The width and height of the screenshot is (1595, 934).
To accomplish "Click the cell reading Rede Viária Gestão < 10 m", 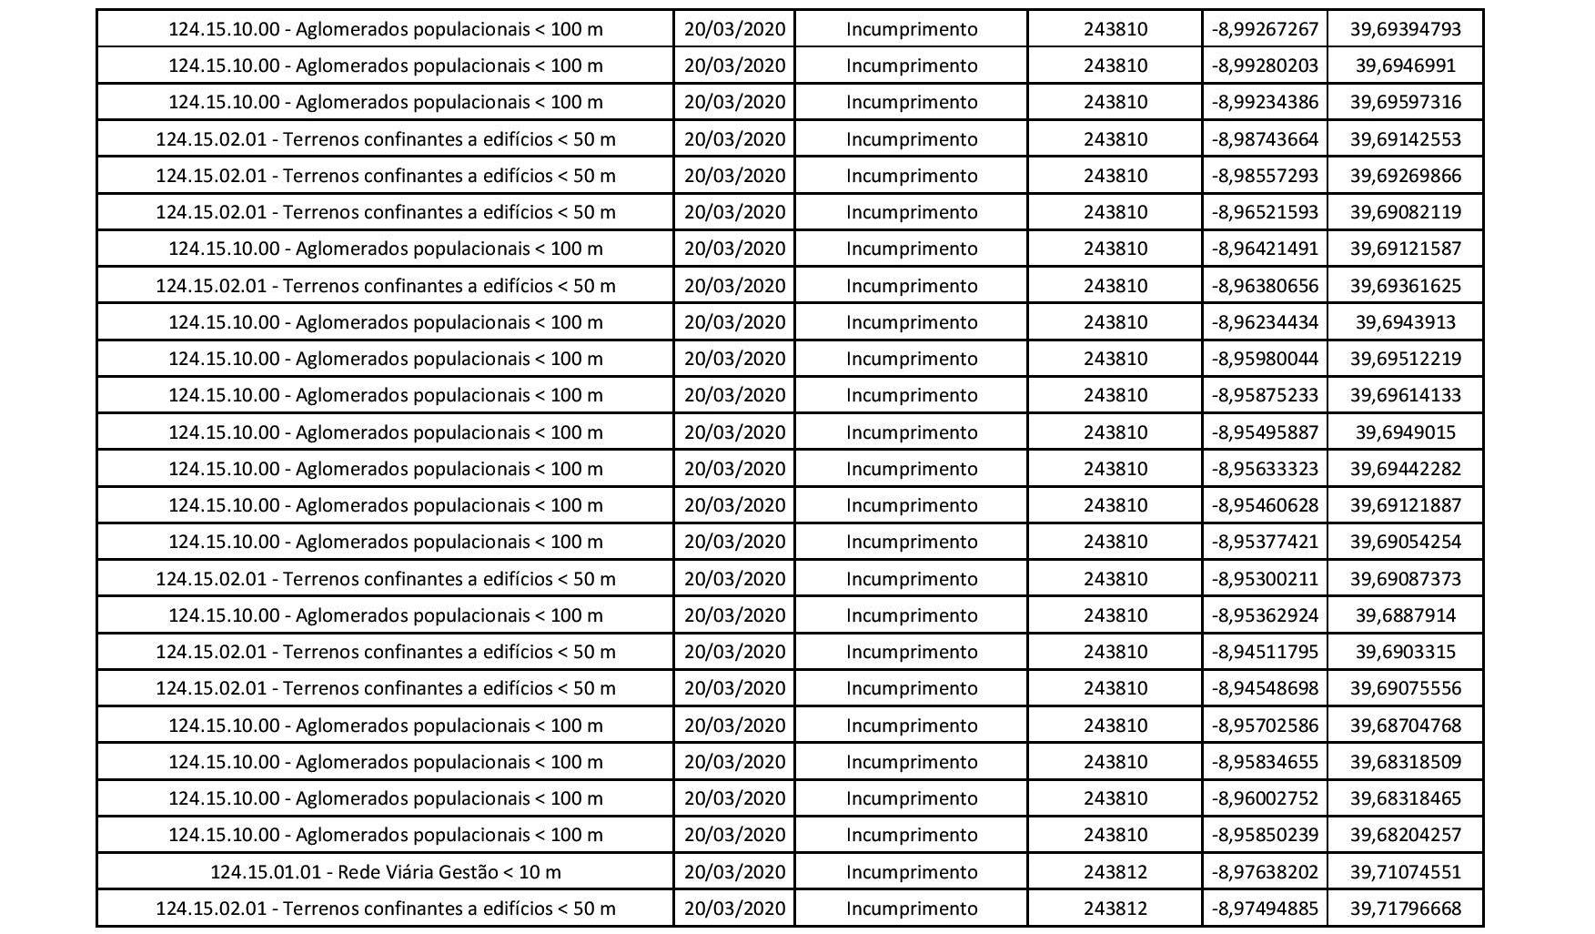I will (385, 872).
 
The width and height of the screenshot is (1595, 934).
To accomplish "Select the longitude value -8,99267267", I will (1265, 29).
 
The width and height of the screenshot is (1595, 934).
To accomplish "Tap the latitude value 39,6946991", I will (1405, 66).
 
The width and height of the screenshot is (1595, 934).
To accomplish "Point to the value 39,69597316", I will (1405, 102).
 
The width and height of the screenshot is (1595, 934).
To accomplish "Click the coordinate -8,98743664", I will (1265, 139).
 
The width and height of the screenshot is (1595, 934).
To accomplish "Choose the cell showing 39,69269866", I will (1405, 176).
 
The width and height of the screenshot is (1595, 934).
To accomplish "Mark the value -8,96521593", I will (1265, 212).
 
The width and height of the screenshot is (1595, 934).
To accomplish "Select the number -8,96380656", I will (1265, 286).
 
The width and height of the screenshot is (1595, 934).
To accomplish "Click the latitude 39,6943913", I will (1405, 322).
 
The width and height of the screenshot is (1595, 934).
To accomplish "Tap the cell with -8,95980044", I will (1265, 359).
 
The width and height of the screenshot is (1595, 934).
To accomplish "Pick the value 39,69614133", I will (1405, 395).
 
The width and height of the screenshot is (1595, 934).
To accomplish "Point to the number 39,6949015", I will (1405, 432).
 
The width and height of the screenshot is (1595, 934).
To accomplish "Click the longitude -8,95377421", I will (1265, 542).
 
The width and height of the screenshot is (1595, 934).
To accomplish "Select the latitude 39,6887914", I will (1405, 615).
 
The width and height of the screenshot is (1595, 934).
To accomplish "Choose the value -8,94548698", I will (1265, 688).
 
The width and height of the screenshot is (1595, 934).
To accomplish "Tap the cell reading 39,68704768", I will (1405, 726).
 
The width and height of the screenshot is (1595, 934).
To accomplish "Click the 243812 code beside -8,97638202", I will (1115, 872).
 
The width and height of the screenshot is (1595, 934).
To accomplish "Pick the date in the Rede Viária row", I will (734, 872).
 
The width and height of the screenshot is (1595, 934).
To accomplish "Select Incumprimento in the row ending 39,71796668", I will (912, 909).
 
